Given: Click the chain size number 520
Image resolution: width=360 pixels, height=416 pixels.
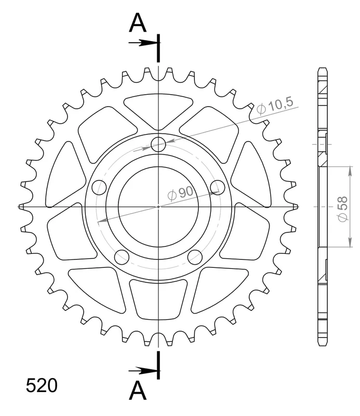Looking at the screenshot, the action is pyautogui.click(x=42, y=385).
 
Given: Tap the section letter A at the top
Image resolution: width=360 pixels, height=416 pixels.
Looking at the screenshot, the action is pyautogui.click(x=138, y=23).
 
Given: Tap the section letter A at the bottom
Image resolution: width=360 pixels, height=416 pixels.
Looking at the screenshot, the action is pyautogui.click(x=138, y=391).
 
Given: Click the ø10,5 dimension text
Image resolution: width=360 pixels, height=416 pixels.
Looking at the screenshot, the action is pyautogui.click(x=275, y=106).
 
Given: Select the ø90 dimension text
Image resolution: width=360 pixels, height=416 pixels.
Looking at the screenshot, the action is pyautogui.click(x=181, y=192).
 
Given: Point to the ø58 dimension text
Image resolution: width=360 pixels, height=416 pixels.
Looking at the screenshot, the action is pyautogui.click(x=342, y=209).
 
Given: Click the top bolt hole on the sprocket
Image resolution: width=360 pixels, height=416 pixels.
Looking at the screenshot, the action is pyautogui.click(x=158, y=145).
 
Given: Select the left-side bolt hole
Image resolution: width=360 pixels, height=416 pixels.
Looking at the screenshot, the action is pyautogui.click(x=99, y=187).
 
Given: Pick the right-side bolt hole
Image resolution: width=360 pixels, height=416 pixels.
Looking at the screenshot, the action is pyautogui.click(x=217, y=187).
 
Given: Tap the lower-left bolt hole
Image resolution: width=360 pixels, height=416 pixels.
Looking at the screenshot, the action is pyautogui.click(x=122, y=257).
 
